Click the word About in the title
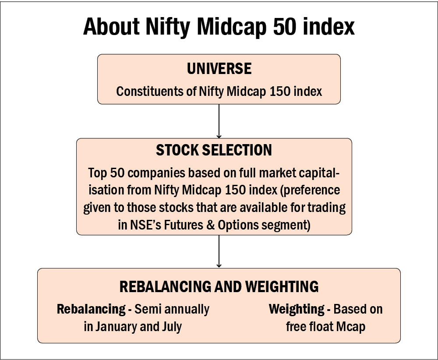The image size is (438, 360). (111, 27)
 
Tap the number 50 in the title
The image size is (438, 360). (284, 27)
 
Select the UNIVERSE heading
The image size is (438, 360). (219, 69)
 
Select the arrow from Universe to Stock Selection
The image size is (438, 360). (219, 121)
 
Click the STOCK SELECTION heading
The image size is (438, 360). (214, 150)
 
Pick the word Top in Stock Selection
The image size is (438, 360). (98, 173)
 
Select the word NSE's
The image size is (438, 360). (145, 225)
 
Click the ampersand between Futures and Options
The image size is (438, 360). (210, 225)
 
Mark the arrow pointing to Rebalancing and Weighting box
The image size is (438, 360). (219, 251)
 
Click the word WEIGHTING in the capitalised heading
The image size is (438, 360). (282, 286)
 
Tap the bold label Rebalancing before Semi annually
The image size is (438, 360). (91, 310)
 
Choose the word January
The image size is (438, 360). (117, 327)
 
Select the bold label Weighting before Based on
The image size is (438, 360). (297, 310)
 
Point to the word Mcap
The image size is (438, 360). (350, 327)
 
